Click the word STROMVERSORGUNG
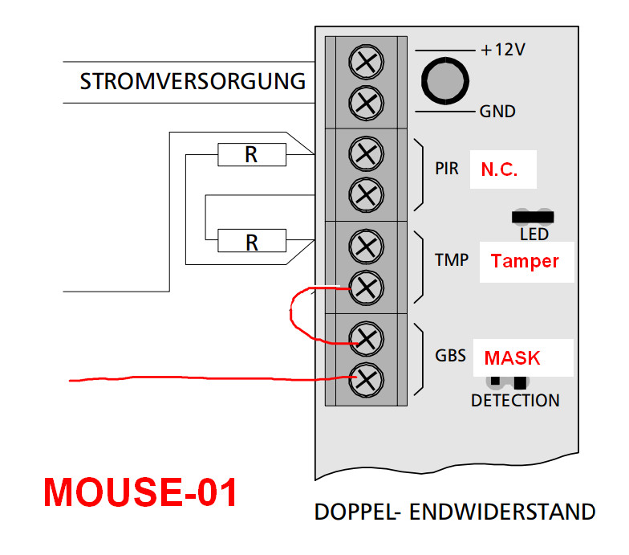tap(193, 82)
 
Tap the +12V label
tap(502, 50)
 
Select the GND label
tap(497, 112)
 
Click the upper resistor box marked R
tap(251, 154)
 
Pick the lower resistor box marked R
tap(251, 241)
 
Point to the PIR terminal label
tap(448, 170)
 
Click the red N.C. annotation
tap(499, 170)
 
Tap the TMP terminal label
tap(452, 261)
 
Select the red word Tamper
tap(524, 261)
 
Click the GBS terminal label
tap(450, 355)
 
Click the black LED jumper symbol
tap(532, 216)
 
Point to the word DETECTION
tap(515, 400)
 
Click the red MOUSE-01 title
tap(140, 492)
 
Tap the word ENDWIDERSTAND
tap(503, 512)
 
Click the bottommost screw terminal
tap(367, 377)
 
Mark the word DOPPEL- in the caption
tap(357, 512)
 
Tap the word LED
tap(534, 235)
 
